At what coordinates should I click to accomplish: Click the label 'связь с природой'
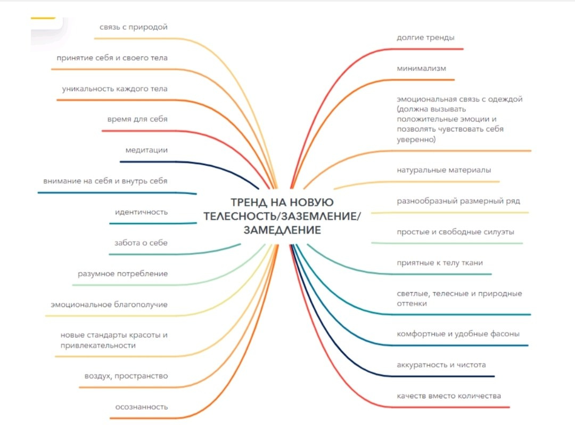133,27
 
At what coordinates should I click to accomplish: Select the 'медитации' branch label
146,150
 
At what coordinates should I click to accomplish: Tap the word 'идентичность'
141,212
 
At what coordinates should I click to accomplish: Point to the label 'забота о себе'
141,243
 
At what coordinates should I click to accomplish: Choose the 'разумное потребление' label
122,274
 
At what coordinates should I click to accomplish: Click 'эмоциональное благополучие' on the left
109,304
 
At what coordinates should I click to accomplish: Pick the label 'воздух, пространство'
126,376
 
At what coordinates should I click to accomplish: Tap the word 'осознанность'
142,407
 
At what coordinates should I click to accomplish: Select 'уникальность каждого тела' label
114,89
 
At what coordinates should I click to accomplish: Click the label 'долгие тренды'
425,38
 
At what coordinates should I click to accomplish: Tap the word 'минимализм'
421,69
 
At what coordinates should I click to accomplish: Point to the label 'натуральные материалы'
443,170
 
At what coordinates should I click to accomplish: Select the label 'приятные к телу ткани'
440,263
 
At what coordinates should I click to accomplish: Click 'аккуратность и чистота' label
441,365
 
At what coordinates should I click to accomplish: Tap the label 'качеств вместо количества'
449,396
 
